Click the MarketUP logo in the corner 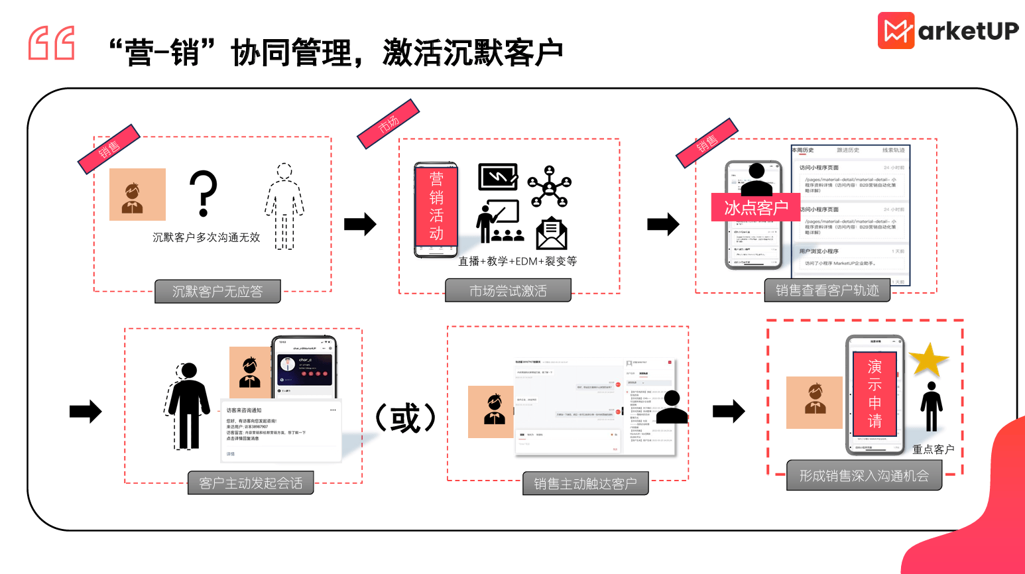[x=948, y=30]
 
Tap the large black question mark [x=203, y=193]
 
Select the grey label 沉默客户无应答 [x=217, y=292]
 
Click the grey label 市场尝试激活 [x=508, y=291]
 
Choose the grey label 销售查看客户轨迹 [x=827, y=290]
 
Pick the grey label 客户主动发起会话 [x=251, y=483]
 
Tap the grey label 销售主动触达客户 [x=585, y=484]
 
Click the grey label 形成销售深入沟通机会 [x=864, y=476]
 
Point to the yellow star [x=928, y=360]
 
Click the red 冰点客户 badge [x=756, y=207]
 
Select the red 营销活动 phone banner [x=436, y=206]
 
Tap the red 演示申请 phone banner [x=875, y=394]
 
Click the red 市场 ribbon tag [x=389, y=123]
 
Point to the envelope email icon [x=552, y=234]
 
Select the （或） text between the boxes [x=405, y=418]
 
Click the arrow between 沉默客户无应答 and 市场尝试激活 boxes [x=360, y=224]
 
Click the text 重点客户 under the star [x=933, y=449]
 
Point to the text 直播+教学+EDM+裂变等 [x=518, y=261]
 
